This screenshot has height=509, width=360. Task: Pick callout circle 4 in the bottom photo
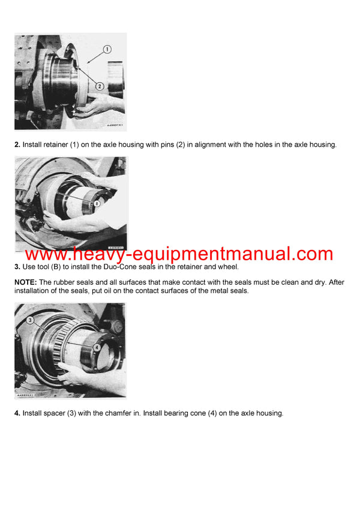coord(97,346)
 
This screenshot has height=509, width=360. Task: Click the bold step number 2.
coord(17,144)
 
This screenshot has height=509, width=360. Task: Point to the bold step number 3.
coord(17,266)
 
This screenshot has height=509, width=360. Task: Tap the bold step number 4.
coord(17,413)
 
